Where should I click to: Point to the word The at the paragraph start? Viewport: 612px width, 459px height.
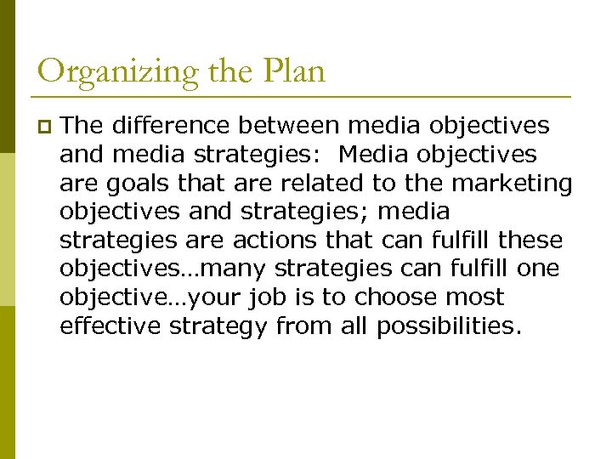[x=80, y=126]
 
